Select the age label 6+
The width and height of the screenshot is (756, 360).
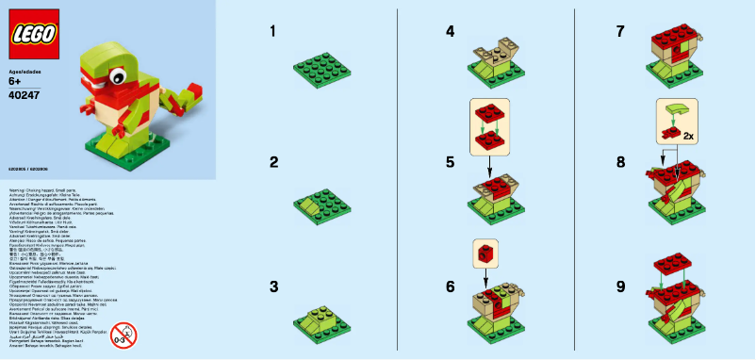(15, 82)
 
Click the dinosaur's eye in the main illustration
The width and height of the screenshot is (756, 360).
(119, 73)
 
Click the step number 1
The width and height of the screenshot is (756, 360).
(273, 32)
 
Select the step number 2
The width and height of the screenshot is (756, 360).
(273, 162)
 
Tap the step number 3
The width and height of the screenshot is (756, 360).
(273, 286)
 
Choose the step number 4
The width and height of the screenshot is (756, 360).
(451, 32)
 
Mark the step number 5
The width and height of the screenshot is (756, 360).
(451, 162)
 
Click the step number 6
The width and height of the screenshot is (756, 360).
(451, 286)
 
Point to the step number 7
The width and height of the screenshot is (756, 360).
(619, 32)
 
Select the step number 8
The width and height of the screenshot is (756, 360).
(619, 162)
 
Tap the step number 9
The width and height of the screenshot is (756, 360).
(619, 286)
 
